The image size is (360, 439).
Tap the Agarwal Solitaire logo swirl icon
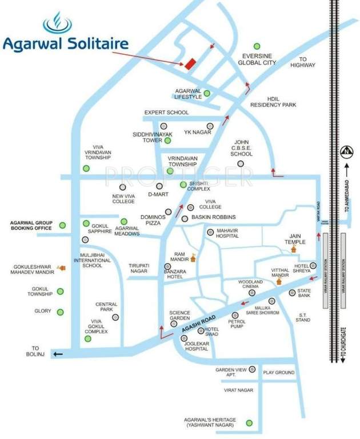click(58, 23)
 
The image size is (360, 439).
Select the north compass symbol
click(346, 152)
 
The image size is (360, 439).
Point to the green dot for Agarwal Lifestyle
click(207, 93)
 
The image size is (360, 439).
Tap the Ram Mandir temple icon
click(193, 258)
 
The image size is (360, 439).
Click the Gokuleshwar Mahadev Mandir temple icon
click(62, 267)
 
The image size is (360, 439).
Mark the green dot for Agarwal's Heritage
click(249, 423)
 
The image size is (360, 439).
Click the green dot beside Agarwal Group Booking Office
click(62, 225)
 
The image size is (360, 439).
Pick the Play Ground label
click(279, 373)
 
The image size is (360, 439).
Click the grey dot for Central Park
click(115, 317)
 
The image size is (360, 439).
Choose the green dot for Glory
click(60, 312)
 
